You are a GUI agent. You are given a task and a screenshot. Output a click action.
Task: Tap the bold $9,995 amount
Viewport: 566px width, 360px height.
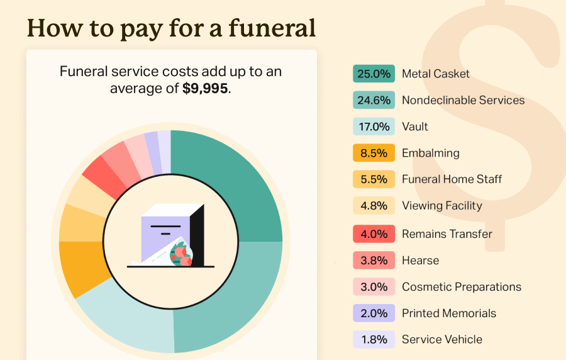coord(206,89)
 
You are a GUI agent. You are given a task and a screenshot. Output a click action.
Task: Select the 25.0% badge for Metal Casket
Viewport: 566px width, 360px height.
coord(374,74)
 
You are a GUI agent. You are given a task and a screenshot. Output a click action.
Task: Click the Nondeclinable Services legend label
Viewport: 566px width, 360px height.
coord(463,100)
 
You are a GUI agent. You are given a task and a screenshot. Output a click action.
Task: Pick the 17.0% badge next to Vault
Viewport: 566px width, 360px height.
coord(374,127)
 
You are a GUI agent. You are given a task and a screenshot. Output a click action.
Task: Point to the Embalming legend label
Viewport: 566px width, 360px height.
coord(430,153)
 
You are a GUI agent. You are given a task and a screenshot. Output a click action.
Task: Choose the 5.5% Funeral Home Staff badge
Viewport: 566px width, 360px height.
coord(374,179)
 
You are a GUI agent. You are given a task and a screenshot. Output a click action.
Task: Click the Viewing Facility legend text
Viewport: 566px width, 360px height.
coord(441,206)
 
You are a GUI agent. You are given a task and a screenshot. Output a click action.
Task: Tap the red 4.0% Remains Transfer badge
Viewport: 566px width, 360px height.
coord(374,234)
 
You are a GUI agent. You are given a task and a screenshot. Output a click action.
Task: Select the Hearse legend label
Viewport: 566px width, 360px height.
coord(420,261)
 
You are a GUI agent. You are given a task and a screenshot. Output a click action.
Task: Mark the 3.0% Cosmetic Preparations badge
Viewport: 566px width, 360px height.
coord(374,287)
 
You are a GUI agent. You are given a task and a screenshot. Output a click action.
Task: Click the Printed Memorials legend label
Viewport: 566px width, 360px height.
coord(449,313)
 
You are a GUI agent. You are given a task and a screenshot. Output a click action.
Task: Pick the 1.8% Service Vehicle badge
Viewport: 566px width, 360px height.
coord(374,340)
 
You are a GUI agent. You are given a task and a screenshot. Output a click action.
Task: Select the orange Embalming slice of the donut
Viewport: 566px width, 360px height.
coord(79,267)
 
